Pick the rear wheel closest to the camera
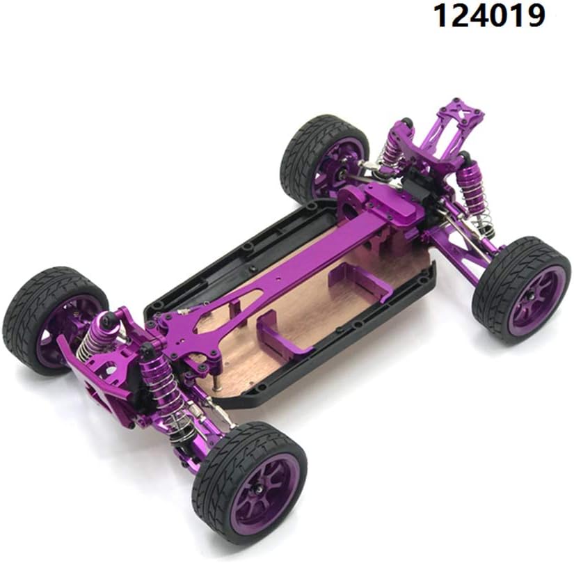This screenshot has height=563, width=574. pyautogui.click(x=521, y=290)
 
